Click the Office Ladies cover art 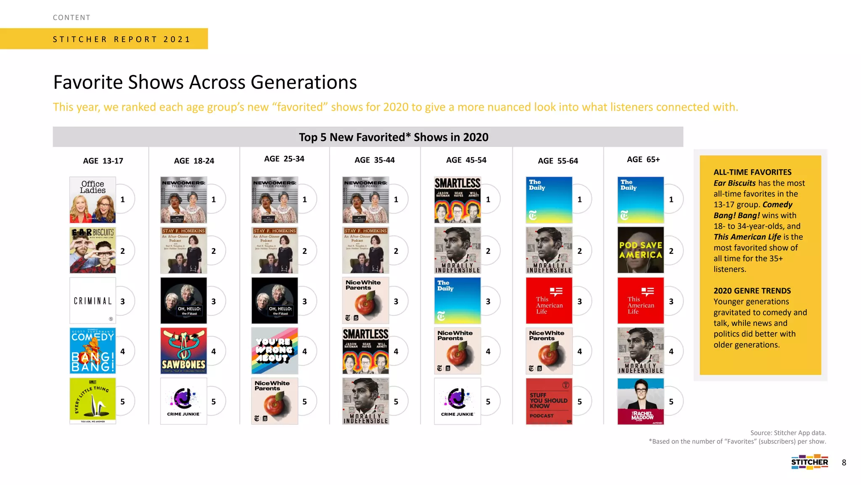92,200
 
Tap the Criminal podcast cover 92,300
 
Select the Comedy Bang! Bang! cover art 92,351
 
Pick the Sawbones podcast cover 184,351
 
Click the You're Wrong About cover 275,351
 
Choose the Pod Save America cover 640,250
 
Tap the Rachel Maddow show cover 640,401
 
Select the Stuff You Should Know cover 549,401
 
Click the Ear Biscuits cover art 92,250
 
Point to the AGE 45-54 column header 466,160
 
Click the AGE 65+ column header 643,160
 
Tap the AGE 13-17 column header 103,161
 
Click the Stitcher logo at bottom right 809,462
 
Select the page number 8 844,463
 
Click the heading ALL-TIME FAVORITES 752,172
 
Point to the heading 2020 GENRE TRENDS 752,291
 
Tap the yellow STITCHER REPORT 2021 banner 121,39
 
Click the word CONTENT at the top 71,18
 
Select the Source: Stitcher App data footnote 788,433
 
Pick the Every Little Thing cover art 92,401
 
